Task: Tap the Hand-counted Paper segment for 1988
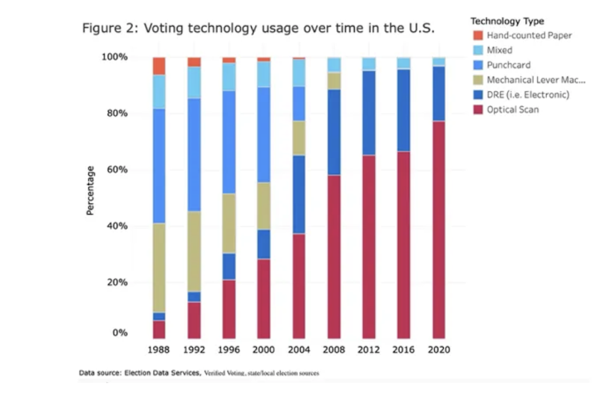pyautogui.click(x=158, y=66)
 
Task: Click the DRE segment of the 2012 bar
pyautogui.click(x=368, y=113)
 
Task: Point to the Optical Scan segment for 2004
pyautogui.click(x=299, y=286)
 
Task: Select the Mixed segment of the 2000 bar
pyautogui.click(x=264, y=74)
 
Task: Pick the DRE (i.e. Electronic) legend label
pyautogui.click(x=528, y=94)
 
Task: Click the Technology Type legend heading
pyautogui.click(x=507, y=21)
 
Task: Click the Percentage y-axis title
pyautogui.click(x=90, y=191)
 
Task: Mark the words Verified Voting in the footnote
pyautogui.click(x=226, y=372)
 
